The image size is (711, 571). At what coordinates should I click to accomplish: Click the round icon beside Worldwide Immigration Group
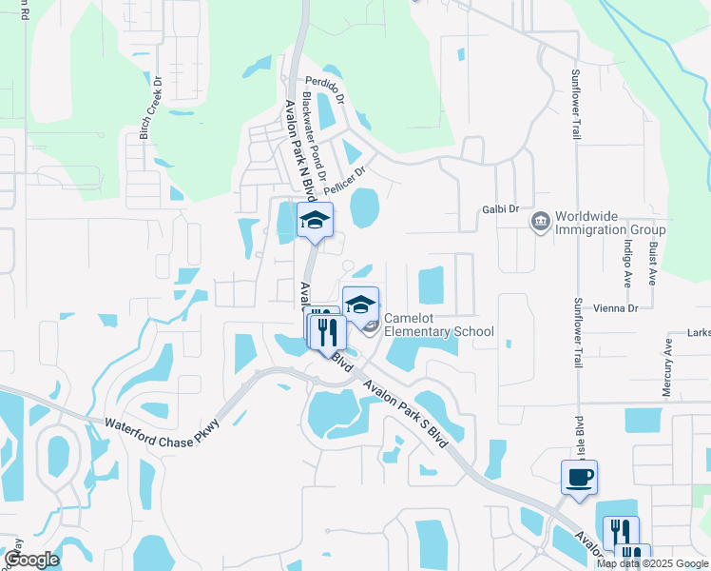click(540, 222)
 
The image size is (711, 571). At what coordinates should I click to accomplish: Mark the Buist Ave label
click(653, 263)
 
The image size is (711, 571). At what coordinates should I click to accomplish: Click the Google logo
click(30, 560)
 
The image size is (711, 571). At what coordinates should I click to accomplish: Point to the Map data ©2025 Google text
click(652, 563)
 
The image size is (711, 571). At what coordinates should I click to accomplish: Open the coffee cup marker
click(579, 477)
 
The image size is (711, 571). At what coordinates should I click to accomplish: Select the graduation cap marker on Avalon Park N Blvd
click(315, 221)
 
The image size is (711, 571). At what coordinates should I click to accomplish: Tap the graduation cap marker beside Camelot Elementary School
click(359, 305)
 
